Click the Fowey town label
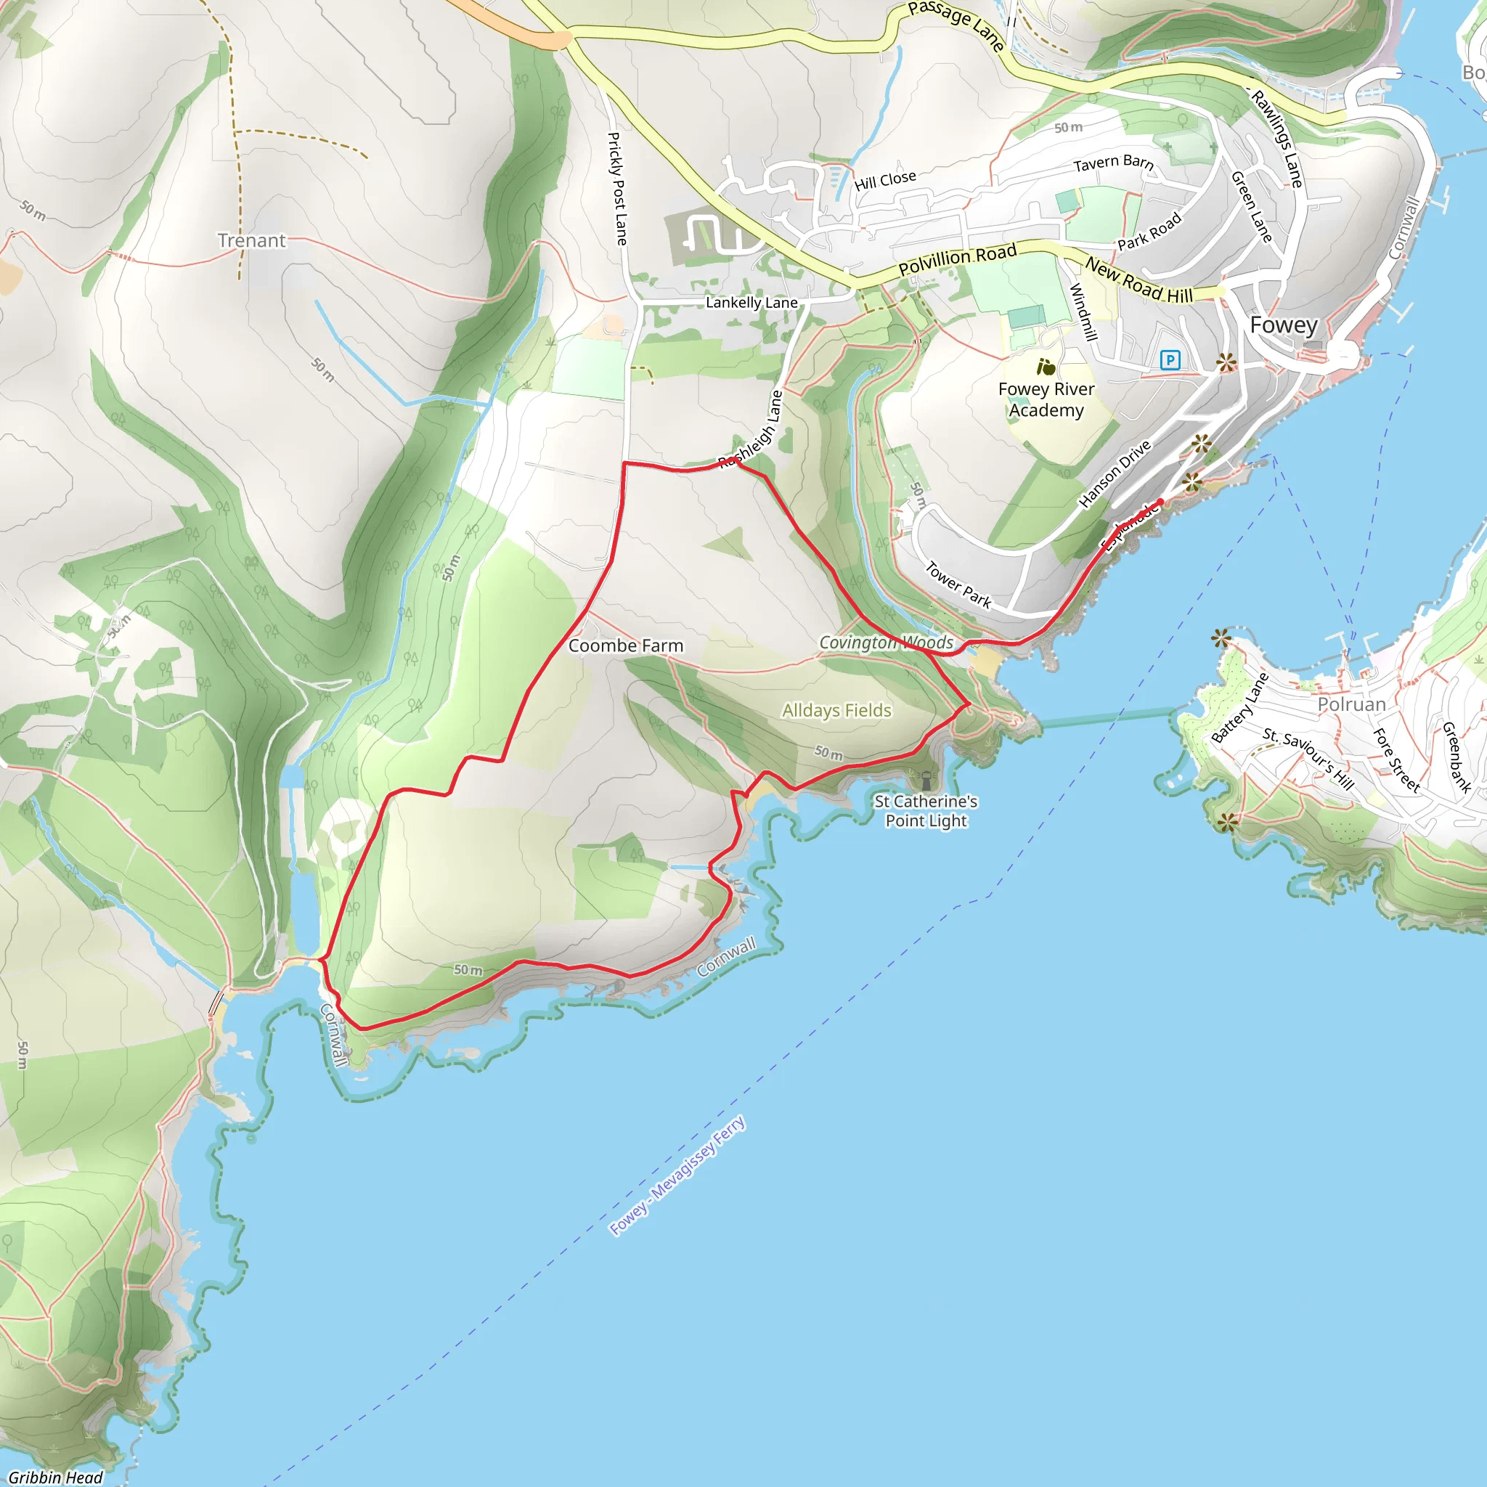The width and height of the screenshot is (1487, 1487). [x=1283, y=325]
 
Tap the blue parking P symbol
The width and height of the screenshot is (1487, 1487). [x=1170, y=359]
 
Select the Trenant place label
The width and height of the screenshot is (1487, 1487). [x=251, y=241]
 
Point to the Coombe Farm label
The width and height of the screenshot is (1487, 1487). [x=625, y=645]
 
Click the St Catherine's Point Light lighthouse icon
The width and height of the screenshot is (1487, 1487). [x=926, y=780]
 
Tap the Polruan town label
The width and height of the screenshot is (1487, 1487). [x=1351, y=704]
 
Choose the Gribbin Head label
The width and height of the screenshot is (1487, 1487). [x=55, y=1477]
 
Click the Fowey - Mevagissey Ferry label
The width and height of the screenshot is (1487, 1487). [x=677, y=1176]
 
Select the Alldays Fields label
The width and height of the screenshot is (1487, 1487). [x=836, y=710]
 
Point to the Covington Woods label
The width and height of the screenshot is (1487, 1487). [x=886, y=643]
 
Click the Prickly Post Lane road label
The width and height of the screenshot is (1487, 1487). [x=617, y=189]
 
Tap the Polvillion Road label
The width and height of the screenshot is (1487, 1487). [x=958, y=259]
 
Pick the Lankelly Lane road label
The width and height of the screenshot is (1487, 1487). [x=751, y=303]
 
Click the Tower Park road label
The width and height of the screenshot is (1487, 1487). [x=958, y=584]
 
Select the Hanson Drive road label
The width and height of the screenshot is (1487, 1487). [x=1115, y=473]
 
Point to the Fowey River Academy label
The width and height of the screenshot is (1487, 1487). [x=1046, y=399]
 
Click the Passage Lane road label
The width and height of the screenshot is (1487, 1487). [x=956, y=25]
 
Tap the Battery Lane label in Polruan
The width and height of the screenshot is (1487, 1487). [x=1239, y=708]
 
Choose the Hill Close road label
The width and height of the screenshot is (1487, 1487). [x=885, y=180]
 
